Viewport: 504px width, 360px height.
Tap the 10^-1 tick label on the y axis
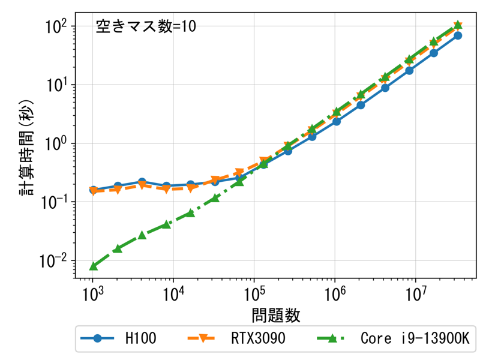pos(58,202)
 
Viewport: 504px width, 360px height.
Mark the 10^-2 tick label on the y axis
pos(58,261)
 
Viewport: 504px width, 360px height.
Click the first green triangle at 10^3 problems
pos(94,266)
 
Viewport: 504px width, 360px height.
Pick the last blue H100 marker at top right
pos(458,35)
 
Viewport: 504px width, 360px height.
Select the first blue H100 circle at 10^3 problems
pos(94,190)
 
